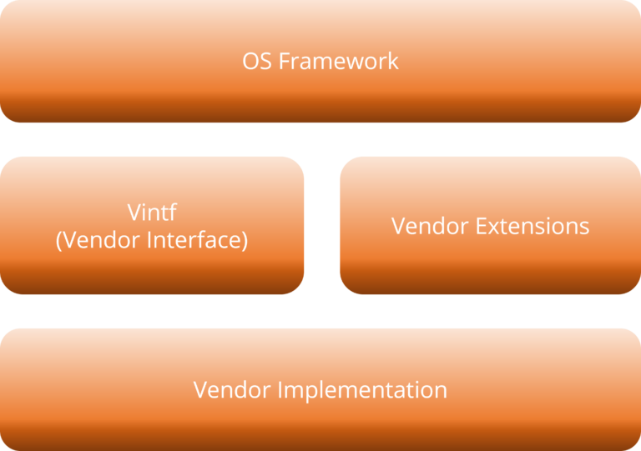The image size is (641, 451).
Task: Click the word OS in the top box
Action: [256, 61]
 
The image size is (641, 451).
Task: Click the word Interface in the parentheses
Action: [199, 241]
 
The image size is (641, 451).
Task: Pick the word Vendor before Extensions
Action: [431, 226]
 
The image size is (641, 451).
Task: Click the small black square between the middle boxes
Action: [321, 234]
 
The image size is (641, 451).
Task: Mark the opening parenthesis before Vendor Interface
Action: [58, 241]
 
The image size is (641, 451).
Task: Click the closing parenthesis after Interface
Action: [245, 241]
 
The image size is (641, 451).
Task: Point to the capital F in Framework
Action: [282, 61]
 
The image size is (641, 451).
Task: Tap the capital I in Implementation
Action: [280, 389]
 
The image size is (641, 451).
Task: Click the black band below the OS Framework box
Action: [320, 139]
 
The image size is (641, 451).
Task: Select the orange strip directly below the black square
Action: [321, 271]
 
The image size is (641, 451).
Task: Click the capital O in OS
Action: [250, 61]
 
